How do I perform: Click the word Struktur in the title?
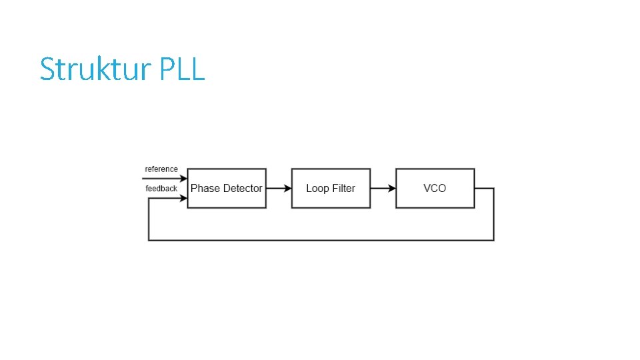click(x=97, y=69)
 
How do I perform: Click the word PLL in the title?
click(x=182, y=69)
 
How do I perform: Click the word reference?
click(x=161, y=169)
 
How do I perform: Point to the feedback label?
click(x=161, y=189)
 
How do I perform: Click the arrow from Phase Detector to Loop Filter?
click(x=279, y=188)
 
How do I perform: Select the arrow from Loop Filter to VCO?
click(x=383, y=188)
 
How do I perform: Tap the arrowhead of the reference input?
click(x=183, y=178)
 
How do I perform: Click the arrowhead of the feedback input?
click(x=183, y=198)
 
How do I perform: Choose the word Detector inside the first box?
click(x=243, y=189)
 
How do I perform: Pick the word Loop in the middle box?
click(x=317, y=189)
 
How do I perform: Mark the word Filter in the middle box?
click(x=343, y=189)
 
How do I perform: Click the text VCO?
click(x=435, y=189)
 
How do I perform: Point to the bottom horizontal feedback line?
click(x=320, y=240)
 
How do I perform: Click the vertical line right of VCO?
click(x=494, y=213)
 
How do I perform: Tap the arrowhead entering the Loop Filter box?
click(x=288, y=188)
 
